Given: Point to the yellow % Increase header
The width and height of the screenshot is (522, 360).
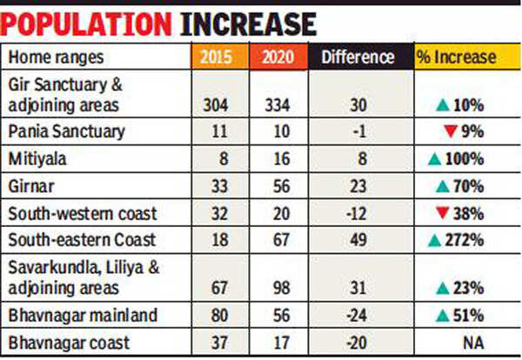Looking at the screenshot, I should tap(463, 57).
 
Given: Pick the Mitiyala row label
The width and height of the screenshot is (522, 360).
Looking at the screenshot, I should tap(34, 161).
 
